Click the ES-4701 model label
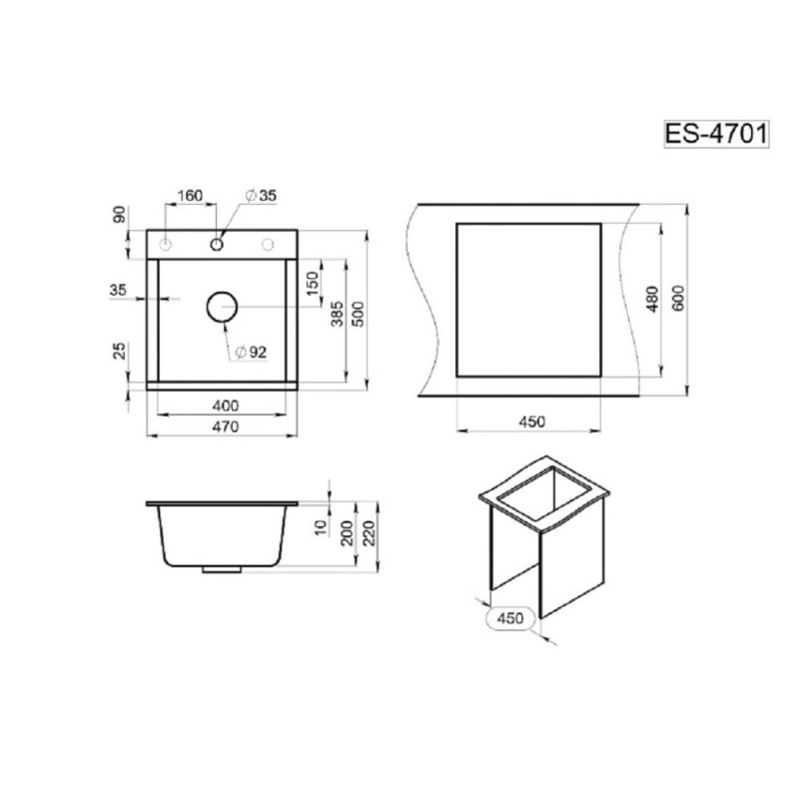click(716, 134)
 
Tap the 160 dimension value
click(190, 196)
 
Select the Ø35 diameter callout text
click(261, 195)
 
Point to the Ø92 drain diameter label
click(252, 353)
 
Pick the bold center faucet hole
click(217, 245)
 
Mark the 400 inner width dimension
click(226, 405)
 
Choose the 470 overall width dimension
click(226, 426)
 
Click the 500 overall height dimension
click(359, 315)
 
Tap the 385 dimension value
click(338, 315)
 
